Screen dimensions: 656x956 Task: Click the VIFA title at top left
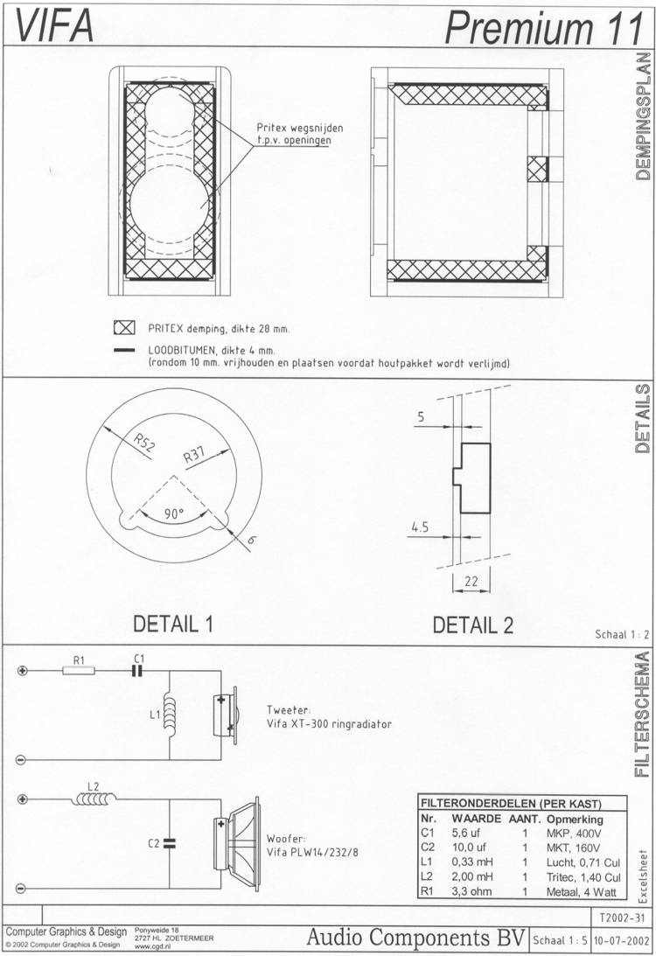53,27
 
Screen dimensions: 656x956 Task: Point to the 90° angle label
174,514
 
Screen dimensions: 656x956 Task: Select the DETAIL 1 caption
173,624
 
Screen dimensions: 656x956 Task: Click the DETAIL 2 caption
472,625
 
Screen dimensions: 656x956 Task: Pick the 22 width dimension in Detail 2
471,581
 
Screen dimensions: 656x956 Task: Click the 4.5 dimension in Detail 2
420,527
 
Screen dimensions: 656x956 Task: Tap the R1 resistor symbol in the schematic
79,671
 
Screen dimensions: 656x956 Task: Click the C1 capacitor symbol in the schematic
138,671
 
